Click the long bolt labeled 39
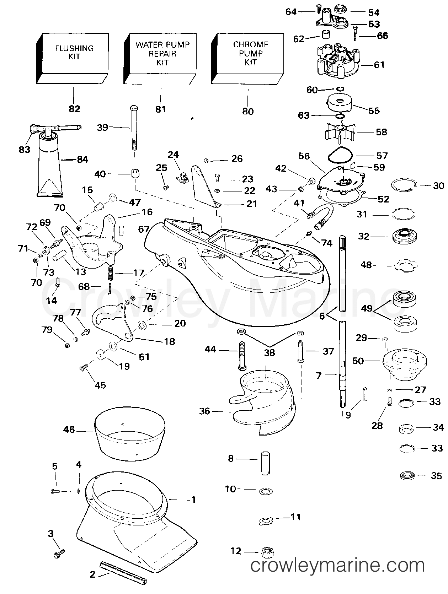(134, 128)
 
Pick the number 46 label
(69, 430)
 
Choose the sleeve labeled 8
(265, 463)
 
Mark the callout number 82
(74, 109)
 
